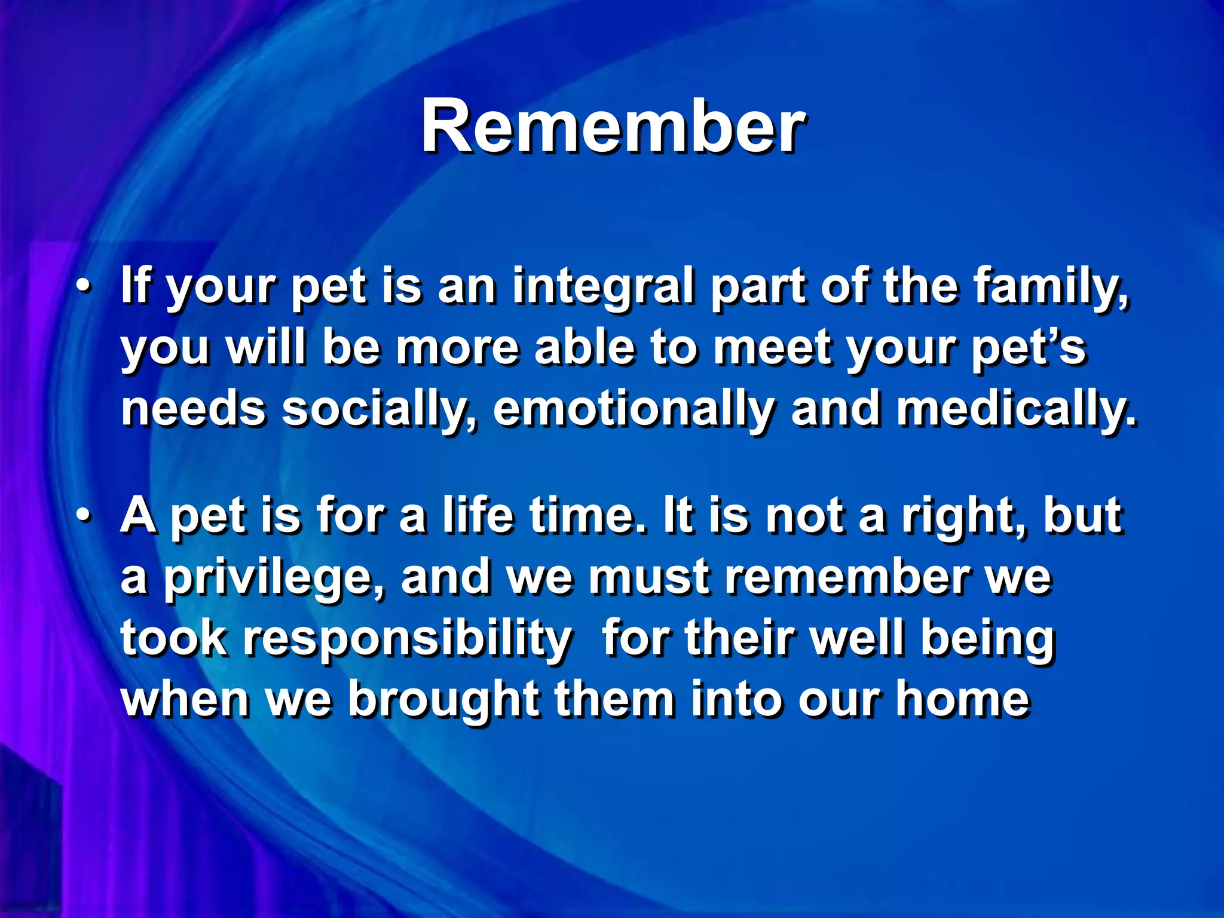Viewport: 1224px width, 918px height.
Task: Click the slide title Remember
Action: point(612,127)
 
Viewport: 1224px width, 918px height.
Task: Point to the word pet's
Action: point(1028,348)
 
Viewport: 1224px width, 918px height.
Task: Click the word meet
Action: point(771,348)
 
